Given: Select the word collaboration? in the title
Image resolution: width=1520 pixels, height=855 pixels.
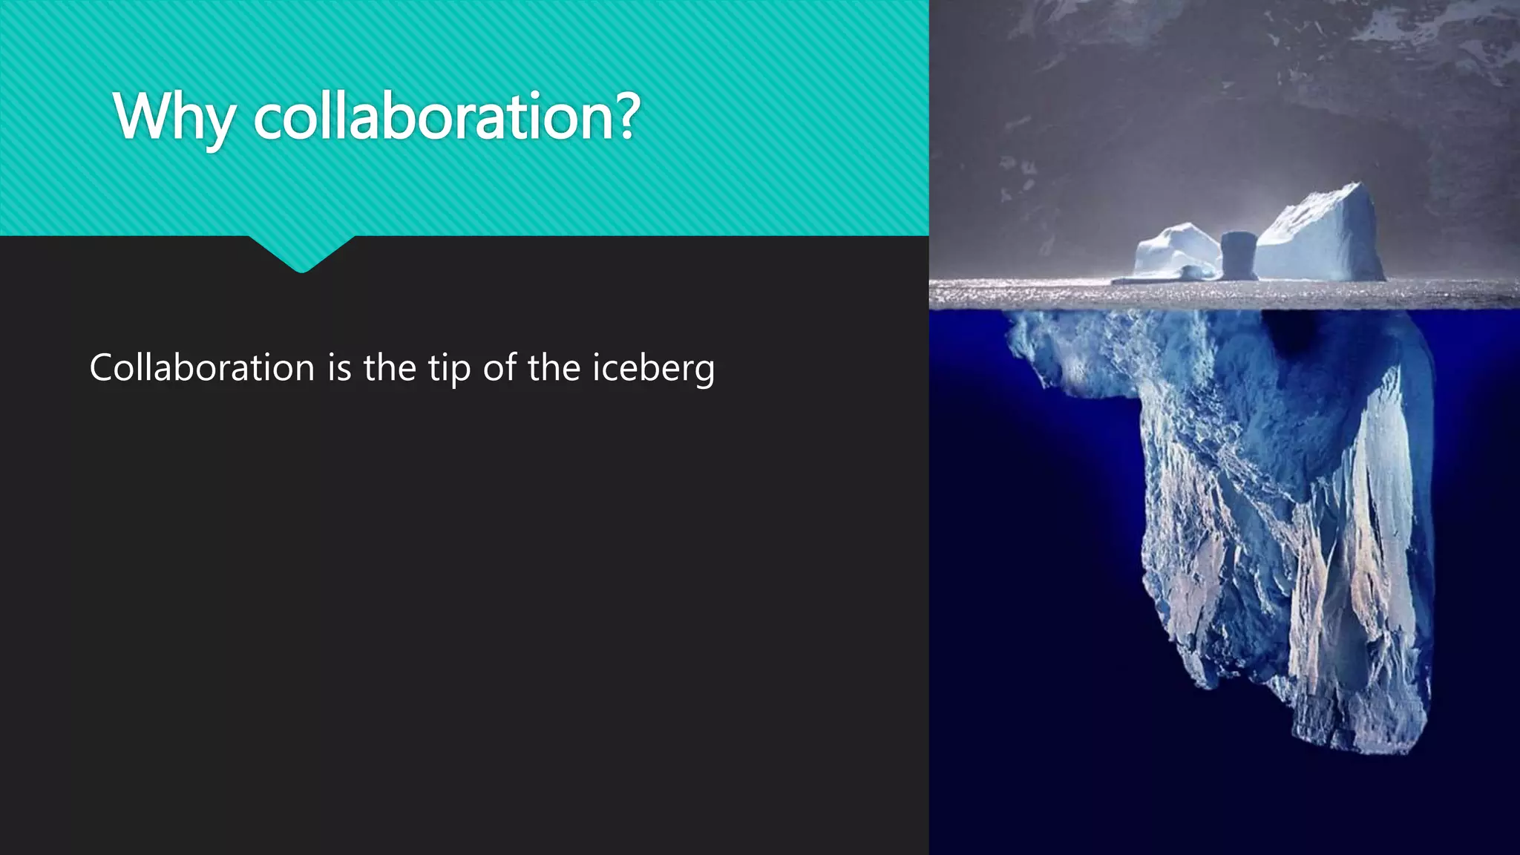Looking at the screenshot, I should click(x=446, y=117).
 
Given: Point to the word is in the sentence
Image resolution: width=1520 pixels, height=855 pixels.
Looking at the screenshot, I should click(x=339, y=367).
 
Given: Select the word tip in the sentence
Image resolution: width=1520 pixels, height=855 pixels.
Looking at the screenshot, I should click(x=449, y=369).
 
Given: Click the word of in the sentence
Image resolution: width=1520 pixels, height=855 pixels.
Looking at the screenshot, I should click(x=499, y=367).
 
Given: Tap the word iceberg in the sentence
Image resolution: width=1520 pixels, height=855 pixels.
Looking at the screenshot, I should click(x=653, y=369).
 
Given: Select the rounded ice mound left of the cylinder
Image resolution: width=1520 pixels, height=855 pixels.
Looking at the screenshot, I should click(x=1176, y=249).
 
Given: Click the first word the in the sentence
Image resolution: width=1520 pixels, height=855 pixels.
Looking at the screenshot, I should click(x=390, y=367).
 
